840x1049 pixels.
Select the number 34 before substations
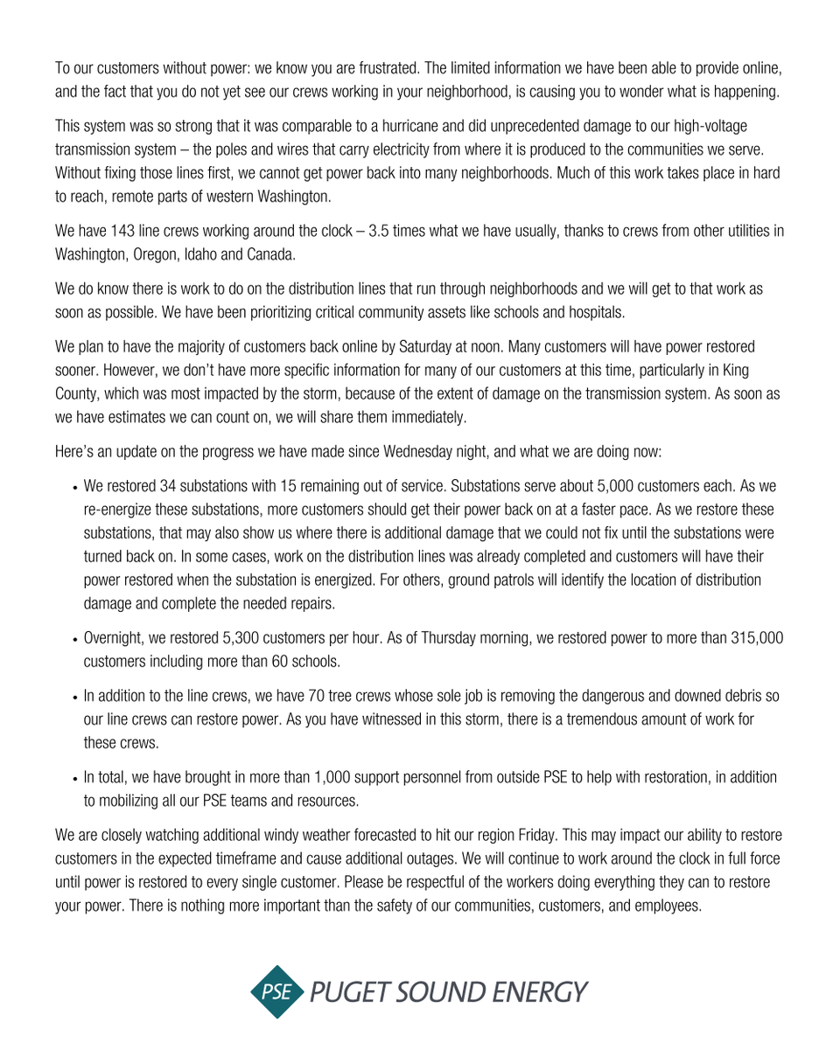coord(168,486)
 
